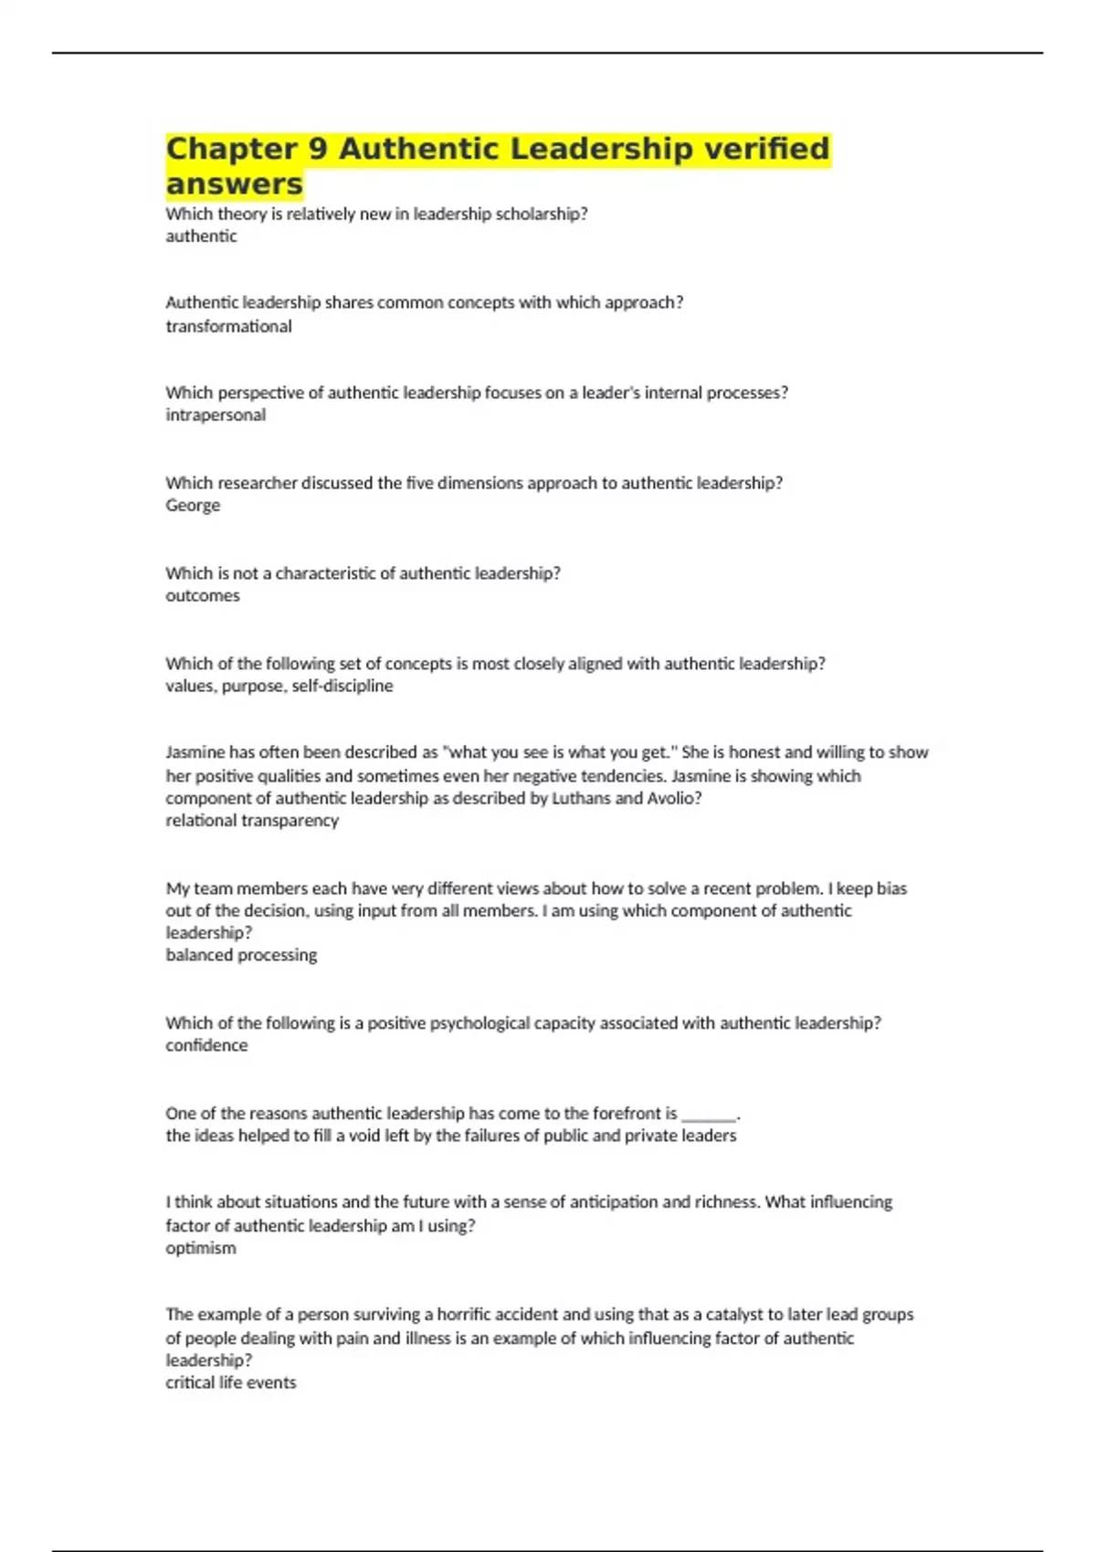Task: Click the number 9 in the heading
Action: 318,149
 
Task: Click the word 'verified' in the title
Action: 766,149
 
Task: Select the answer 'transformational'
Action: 228,326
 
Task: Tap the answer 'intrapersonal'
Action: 216,414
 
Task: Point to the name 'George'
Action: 193,505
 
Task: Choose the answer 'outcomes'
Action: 203,595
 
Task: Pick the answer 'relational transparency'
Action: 252,820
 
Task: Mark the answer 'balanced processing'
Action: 241,955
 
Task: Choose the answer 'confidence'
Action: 206,1045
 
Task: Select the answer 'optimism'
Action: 201,1248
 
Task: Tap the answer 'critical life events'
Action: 231,1382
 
